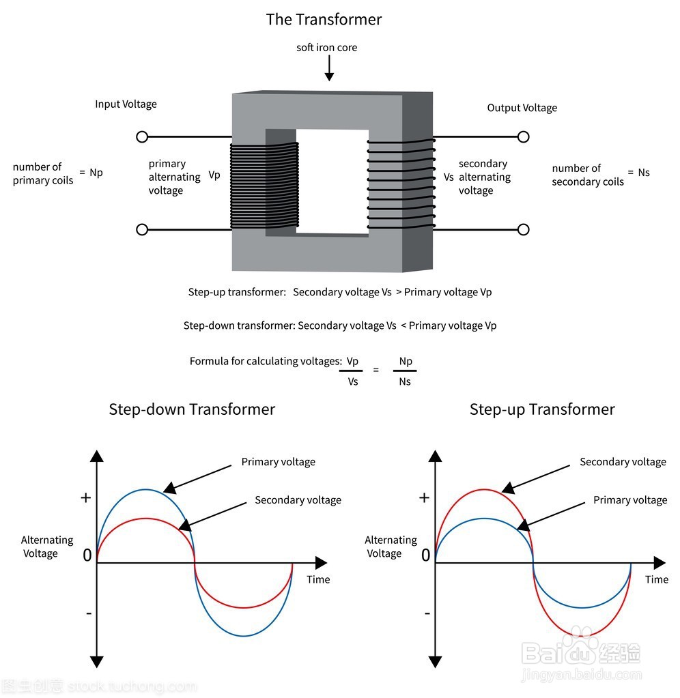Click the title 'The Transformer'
pyautogui.click(x=324, y=20)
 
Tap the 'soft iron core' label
pyautogui.click(x=327, y=48)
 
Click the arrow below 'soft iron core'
pyautogui.click(x=329, y=68)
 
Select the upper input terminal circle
pyautogui.click(x=142, y=136)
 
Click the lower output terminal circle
pyautogui.click(x=524, y=230)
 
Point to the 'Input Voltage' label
pyautogui.click(x=126, y=104)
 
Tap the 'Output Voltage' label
pyautogui.click(x=522, y=108)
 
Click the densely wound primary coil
pyautogui.click(x=264, y=185)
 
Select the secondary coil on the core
pyautogui.click(x=401, y=184)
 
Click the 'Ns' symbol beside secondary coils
pyautogui.click(x=644, y=172)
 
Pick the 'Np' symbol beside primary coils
pyautogui.click(x=96, y=173)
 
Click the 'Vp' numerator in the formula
pyautogui.click(x=352, y=361)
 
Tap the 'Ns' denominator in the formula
pyautogui.click(x=405, y=381)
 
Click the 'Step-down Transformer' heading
pyautogui.click(x=192, y=409)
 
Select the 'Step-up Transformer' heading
pyautogui.click(x=542, y=409)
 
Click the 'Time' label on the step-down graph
pyautogui.click(x=318, y=579)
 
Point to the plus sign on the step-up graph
pyautogui.click(x=425, y=497)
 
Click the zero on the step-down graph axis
pyautogui.click(x=87, y=555)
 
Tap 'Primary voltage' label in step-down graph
pyautogui.click(x=279, y=462)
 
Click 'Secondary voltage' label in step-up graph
pyautogui.click(x=623, y=462)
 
